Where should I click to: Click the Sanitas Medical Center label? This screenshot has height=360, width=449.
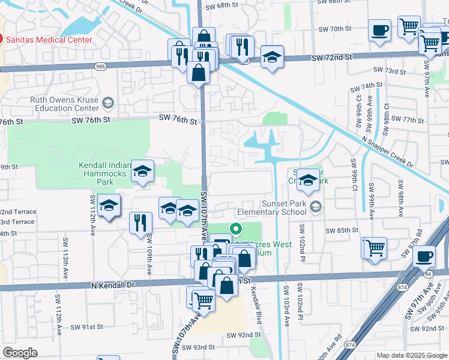point(49,40)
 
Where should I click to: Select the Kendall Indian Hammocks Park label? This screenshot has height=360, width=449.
point(105,170)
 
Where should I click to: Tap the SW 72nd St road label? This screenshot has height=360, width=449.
point(331,57)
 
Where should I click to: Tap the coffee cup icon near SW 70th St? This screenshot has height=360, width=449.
point(379,30)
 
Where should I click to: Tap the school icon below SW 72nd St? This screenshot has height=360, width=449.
point(272,57)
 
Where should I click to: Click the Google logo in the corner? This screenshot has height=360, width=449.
point(20,353)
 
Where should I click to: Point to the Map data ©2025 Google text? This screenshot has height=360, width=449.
point(411,355)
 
